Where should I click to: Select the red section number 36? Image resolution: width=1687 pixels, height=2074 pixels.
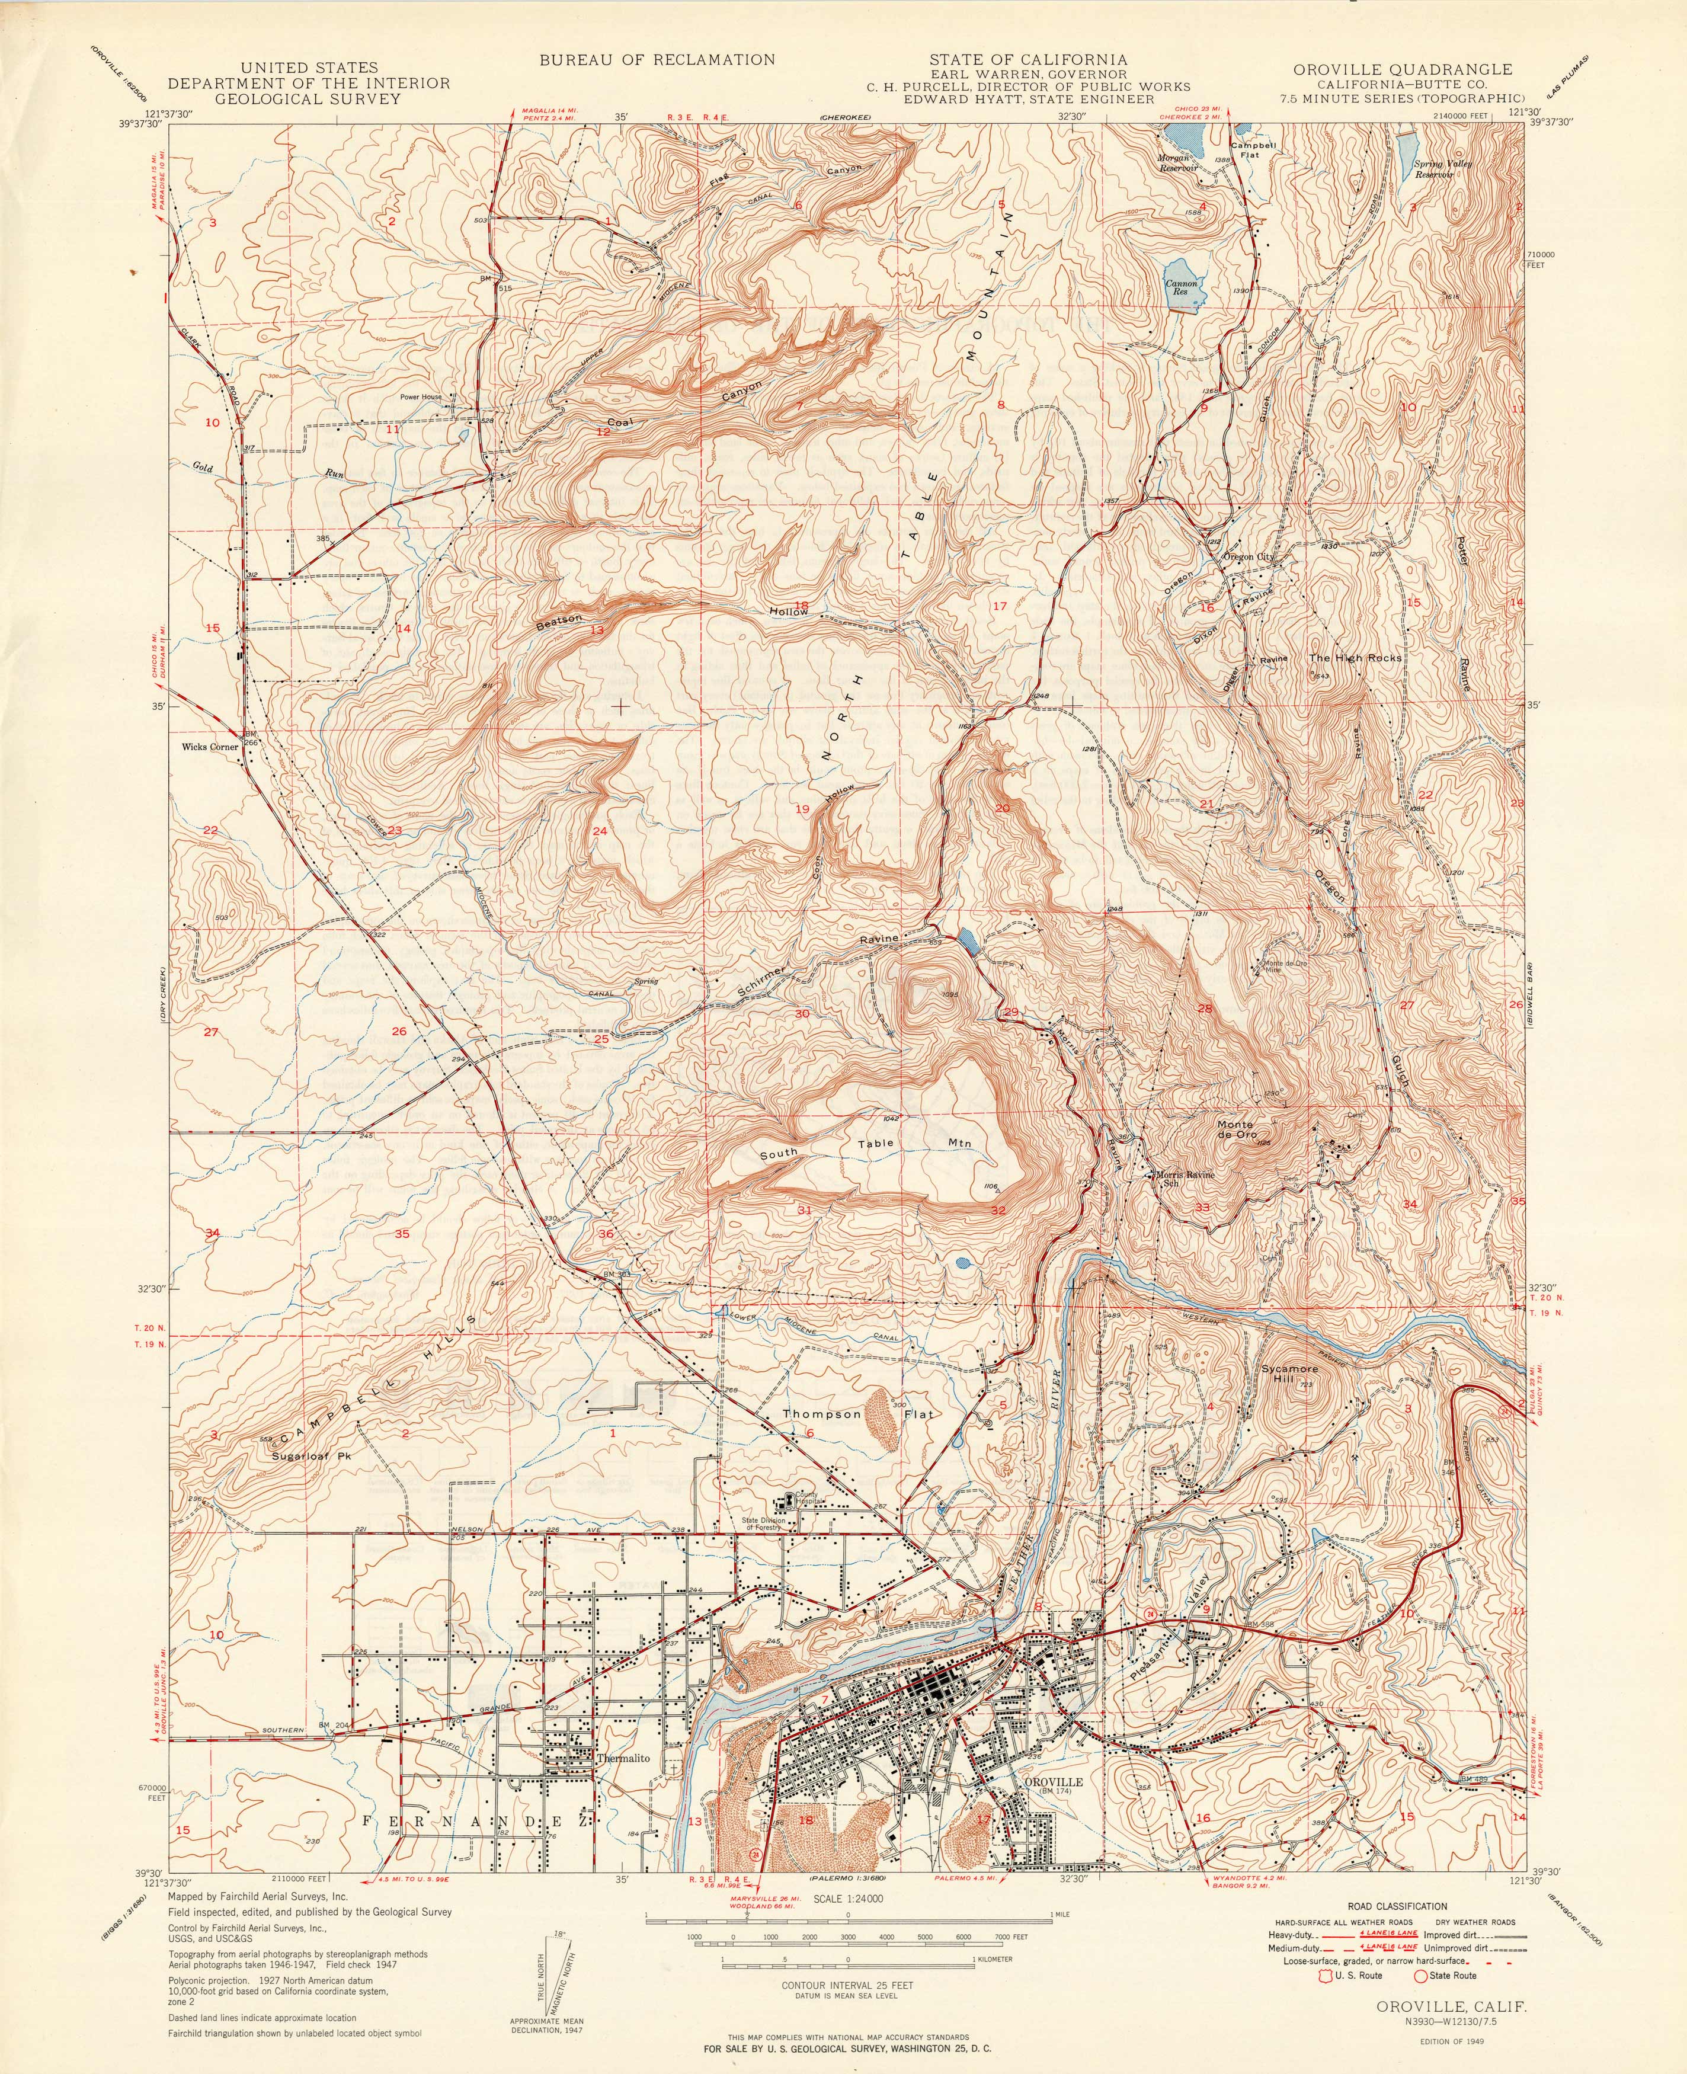(606, 1234)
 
